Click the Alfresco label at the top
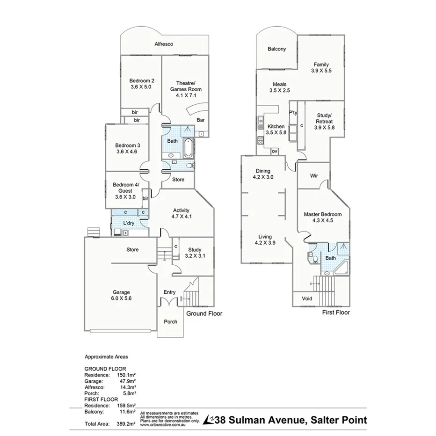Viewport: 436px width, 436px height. [164, 44]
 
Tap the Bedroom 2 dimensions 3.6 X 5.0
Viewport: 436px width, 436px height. [141, 87]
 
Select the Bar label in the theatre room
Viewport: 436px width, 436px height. [201, 120]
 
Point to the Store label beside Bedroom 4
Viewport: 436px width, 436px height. [178, 180]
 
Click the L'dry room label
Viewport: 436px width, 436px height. [129, 223]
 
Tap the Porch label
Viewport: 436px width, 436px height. [170, 322]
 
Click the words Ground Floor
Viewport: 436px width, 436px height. [204, 313]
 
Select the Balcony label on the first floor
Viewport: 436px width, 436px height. [276, 49]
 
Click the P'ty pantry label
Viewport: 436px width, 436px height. [293, 113]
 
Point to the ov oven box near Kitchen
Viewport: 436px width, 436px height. [275, 151]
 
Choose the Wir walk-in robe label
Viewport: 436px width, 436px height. [314, 176]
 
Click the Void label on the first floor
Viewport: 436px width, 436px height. [307, 298]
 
